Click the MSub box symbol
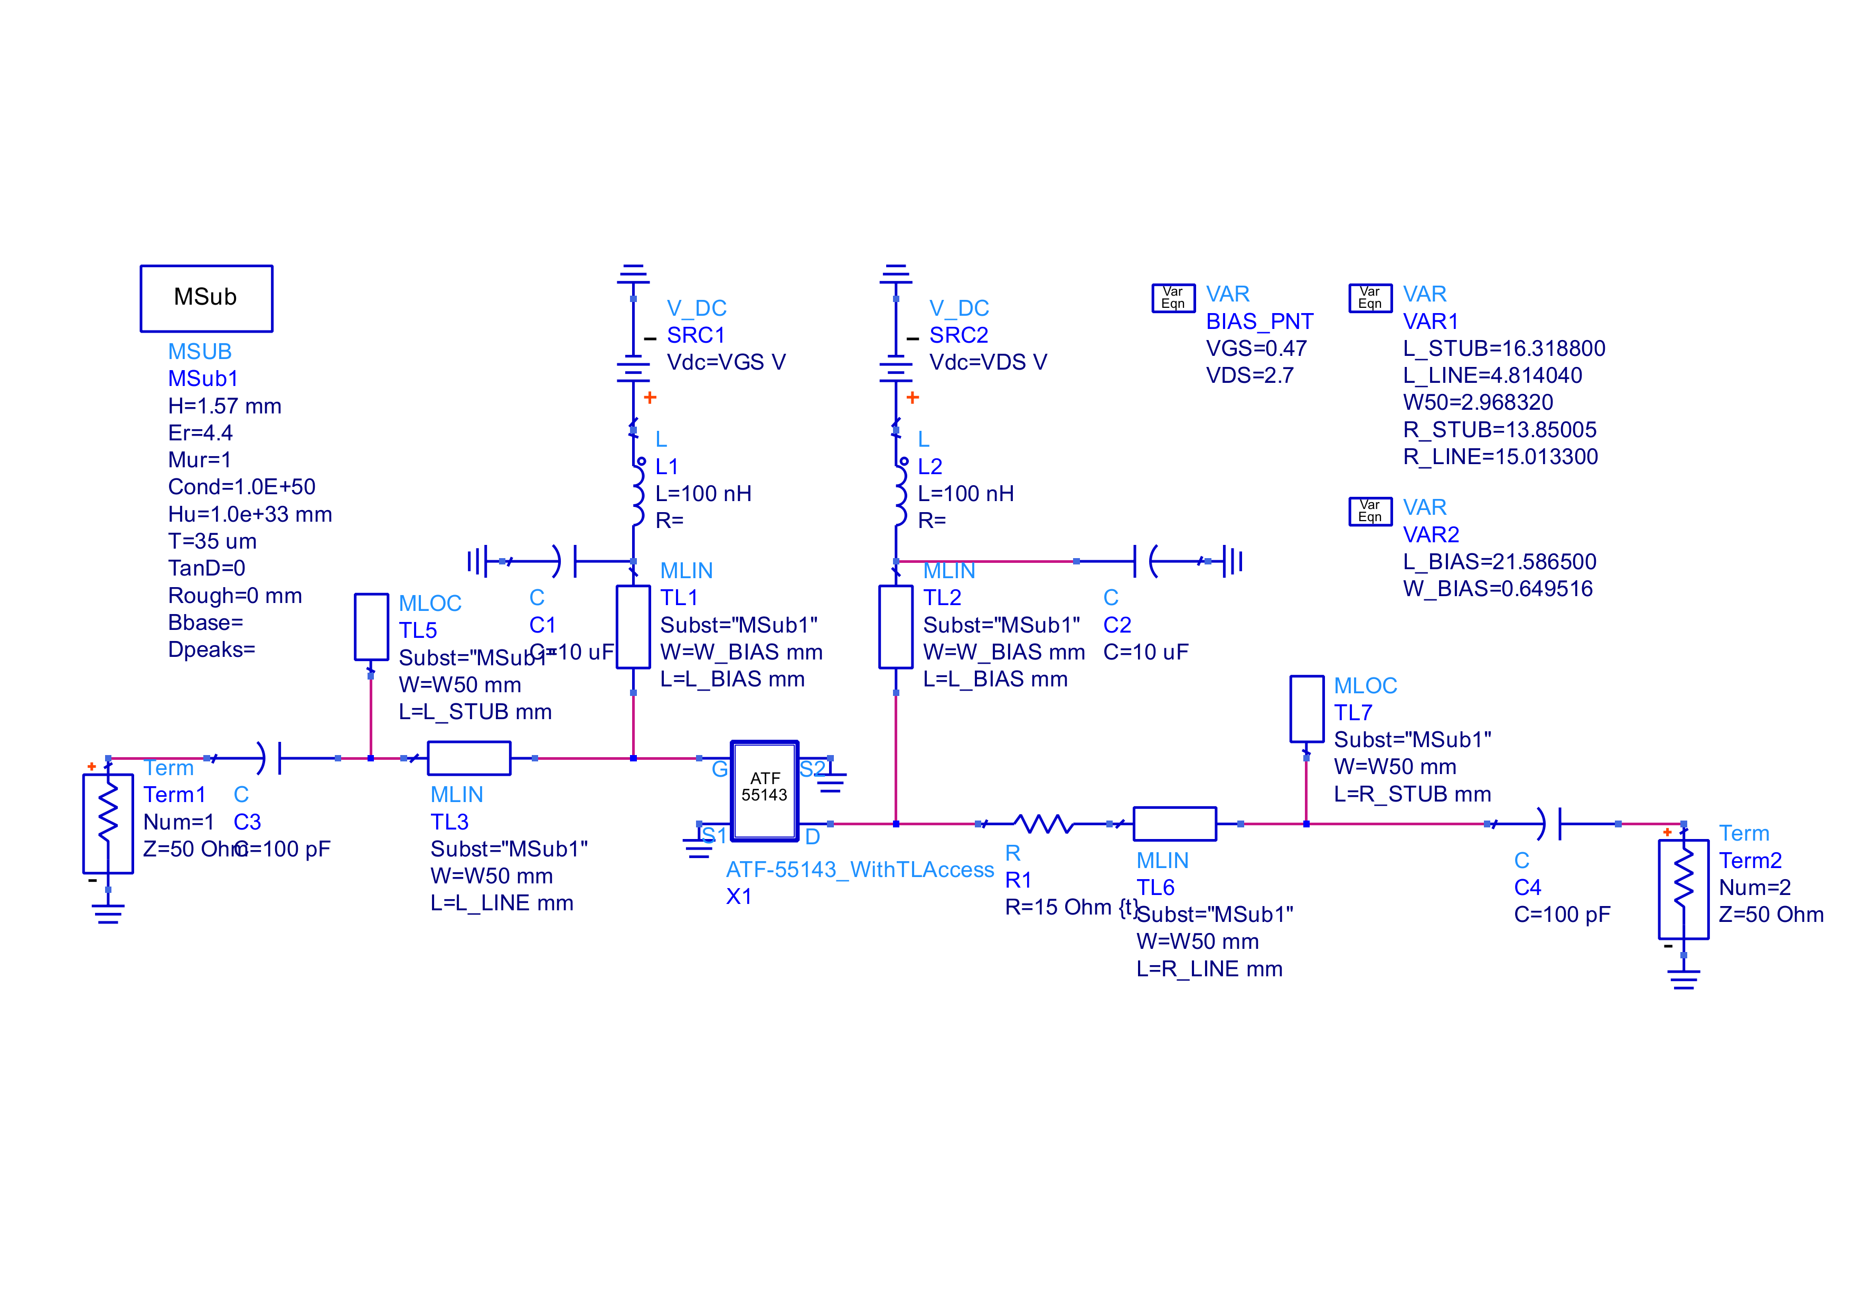pyautogui.click(x=206, y=298)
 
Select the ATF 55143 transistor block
pyautogui.click(x=764, y=790)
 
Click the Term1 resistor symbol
pyautogui.click(x=108, y=823)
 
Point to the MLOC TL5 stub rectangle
pyautogui.click(x=371, y=627)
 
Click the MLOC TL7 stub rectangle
pyautogui.click(x=1306, y=708)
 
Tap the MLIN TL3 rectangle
pyautogui.click(x=468, y=758)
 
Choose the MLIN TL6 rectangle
pyautogui.click(x=1174, y=824)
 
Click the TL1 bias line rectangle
pyautogui.click(x=633, y=627)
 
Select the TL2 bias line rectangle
pyautogui.click(x=895, y=627)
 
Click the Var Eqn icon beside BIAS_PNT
pyautogui.click(x=1173, y=298)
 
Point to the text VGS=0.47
pyautogui.click(x=1256, y=348)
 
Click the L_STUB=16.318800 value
pyautogui.click(x=1503, y=348)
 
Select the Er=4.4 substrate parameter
pyautogui.click(x=200, y=433)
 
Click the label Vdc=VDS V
pyautogui.click(x=988, y=362)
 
